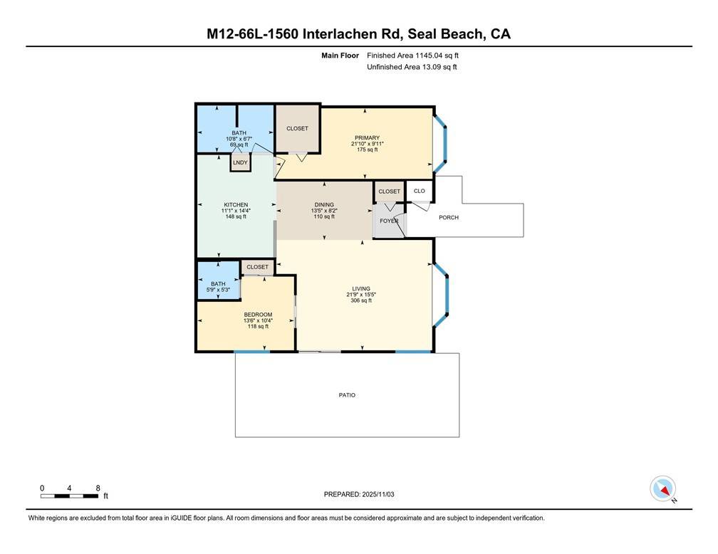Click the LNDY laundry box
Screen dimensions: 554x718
click(x=239, y=162)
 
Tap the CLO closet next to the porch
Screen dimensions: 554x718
click(x=420, y=191)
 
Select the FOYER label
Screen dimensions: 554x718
click(x=389, y=221)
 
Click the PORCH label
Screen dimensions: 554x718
click(x=449, y=217)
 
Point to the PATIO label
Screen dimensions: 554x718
click(x=347, y=395)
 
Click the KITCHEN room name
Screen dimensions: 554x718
click(x=236, y=205)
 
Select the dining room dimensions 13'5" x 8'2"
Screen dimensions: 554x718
click(x=324, y=211)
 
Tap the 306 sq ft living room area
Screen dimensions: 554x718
click(x=360, y=300)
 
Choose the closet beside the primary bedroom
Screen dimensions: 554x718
click(x=297, y=129)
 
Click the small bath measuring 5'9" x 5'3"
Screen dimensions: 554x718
click(x=218, y=287)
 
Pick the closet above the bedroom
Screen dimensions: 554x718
click(x=257, y=267)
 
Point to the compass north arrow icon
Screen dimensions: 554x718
click(x=663, y=489)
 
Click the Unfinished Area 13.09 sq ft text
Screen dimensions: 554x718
click(x=412, y=67)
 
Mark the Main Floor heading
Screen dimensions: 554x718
click(x=339, y=55)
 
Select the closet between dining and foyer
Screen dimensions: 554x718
click(x=389, y=192)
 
